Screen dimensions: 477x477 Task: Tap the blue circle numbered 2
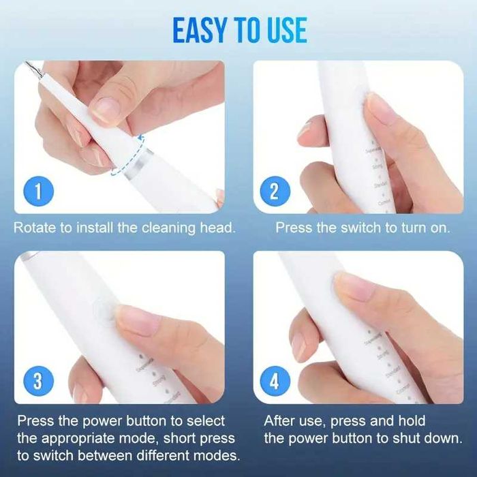[x=275, y=191]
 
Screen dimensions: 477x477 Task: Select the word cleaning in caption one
[x=159, y=228]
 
